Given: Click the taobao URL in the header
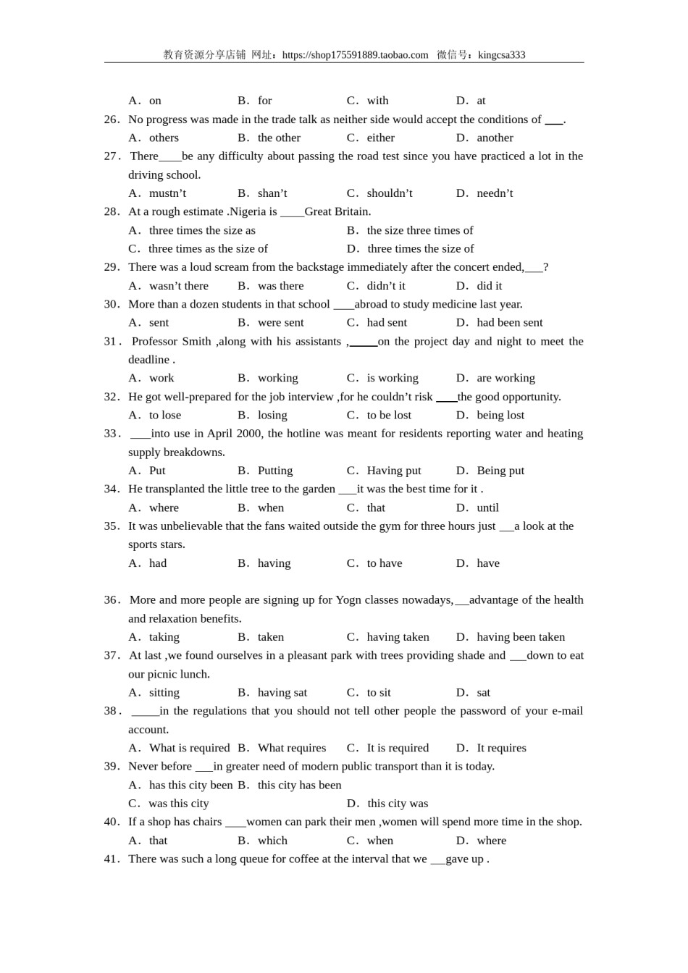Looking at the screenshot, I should pyautogui.click(x=355, y=55).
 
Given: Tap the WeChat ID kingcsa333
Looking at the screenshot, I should pyautogui.click(x=501, y=55).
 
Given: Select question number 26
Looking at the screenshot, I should pyautogui.click(x=112, y=119).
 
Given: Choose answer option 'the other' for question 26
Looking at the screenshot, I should pyautogui.click(x=279, y=138).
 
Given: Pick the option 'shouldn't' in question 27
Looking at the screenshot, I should pyautogui.click(x=389, y=193).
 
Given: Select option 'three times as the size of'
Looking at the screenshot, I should pyautogui.click(x=208, y=248).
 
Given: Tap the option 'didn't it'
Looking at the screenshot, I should pyautogui.click(x=386, y=286).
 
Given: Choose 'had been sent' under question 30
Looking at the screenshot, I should pyautogui.click(x=509, y=323).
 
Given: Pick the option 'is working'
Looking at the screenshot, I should pyautogui.click(x=393, y=378).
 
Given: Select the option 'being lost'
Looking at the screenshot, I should pyautogui.click(x=500, y=415).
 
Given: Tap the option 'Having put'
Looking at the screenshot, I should pyautogui.click(x=393, y=471).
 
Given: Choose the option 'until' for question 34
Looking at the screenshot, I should pyautogui.click(x=487, y=507).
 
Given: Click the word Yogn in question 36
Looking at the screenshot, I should pyautogui.click(x=351, y=599).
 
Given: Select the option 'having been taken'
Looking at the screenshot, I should pyautogui.click(x=521, y=637).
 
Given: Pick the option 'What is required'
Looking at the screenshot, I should pyautogui.click(x=189, y=748).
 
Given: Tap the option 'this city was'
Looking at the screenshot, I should pyautogui.click(x=398, y=804).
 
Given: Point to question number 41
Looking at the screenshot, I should pyautogui.click(x=112, y=859).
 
